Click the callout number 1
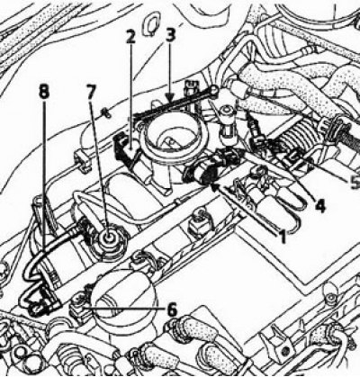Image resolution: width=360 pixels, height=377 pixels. pos(282,235)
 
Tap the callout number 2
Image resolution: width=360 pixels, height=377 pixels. pos(130,38)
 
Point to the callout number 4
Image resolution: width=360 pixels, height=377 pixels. pos(319,206)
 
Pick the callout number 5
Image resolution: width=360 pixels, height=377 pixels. pos(355,182)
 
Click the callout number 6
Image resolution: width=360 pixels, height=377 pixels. pos(172,310)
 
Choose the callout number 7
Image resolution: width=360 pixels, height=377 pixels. pos(90,91)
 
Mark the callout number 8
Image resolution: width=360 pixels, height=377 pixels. pos(44,92)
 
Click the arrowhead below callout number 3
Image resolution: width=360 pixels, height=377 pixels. pos(169,97)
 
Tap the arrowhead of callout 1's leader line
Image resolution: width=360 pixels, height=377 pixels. pos(214,187)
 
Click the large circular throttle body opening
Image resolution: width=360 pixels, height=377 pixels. pos(172,138)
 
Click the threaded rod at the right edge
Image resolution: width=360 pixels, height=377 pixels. pos(354,132)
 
